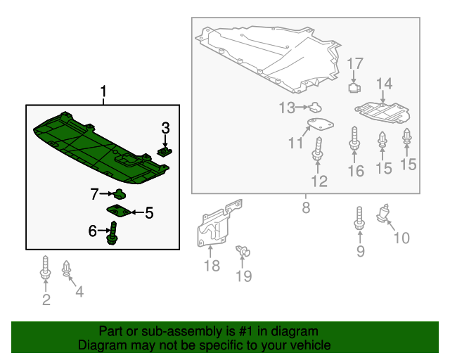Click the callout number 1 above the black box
103,91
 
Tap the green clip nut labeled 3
165,152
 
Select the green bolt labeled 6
112,233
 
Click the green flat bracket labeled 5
118,211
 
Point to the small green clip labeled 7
120,194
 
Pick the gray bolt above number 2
45,268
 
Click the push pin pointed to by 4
66,268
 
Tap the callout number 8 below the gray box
306,207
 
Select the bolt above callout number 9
359,218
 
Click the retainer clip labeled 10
382,213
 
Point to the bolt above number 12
318,149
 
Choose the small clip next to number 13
314,107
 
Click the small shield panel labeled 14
382,112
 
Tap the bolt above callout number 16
354,139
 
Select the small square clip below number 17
354,88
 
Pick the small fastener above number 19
243,251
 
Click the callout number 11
295,143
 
